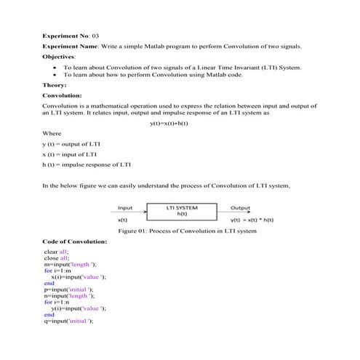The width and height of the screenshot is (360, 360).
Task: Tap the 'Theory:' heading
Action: [x=55, y=85]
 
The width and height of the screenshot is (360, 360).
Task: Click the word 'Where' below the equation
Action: [x=52, y=134]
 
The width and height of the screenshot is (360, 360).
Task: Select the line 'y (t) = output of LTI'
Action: [x=71, y=144]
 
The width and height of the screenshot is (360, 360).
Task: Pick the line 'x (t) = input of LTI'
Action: [x=70, y=154]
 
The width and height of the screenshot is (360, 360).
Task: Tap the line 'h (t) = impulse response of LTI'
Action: [x=87, y=164]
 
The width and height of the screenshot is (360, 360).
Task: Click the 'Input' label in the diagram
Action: [x=125, y=207]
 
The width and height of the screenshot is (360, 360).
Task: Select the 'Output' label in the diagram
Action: [x=240, y=207]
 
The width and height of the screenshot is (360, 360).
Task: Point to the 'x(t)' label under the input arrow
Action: [x=123, y=219]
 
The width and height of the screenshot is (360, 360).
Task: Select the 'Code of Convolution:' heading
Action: [x=75, y=241]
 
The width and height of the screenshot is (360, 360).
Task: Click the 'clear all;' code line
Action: [x=57, y=251]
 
